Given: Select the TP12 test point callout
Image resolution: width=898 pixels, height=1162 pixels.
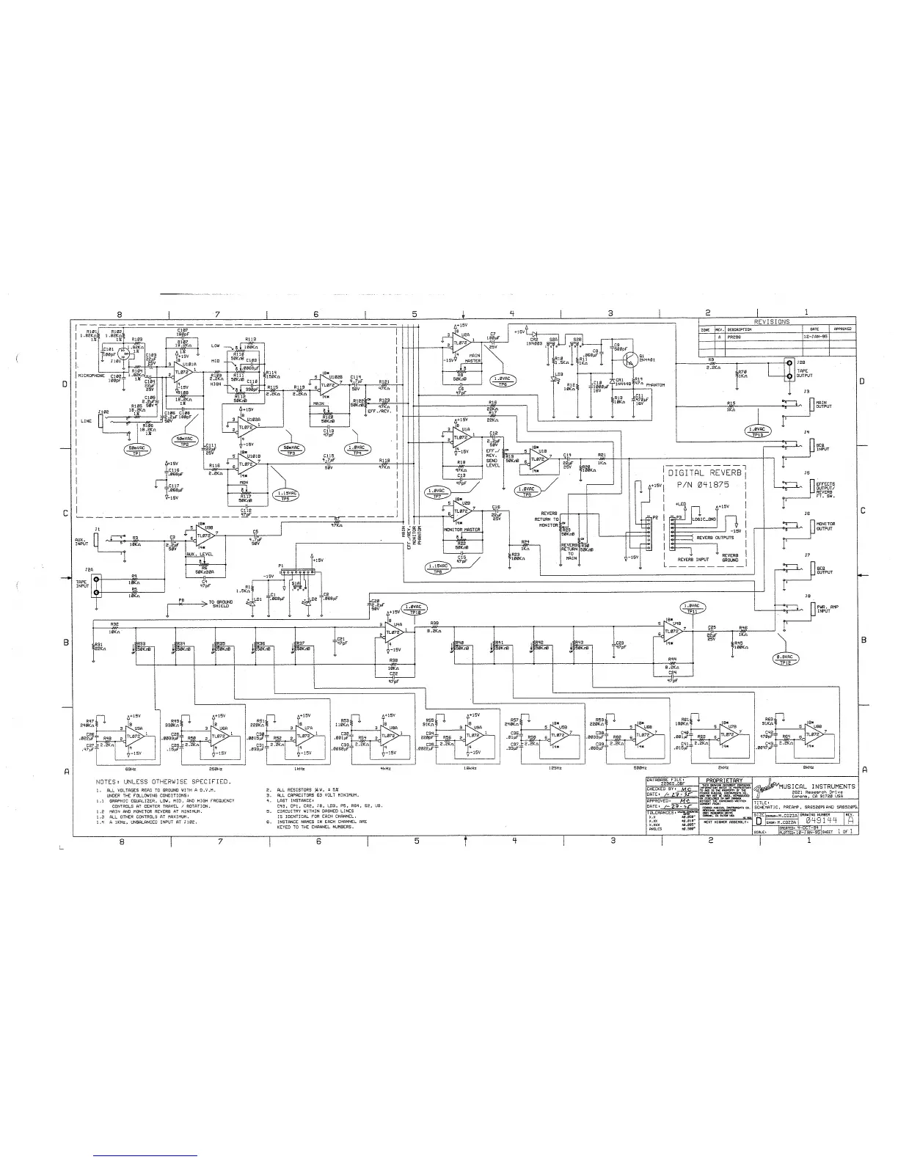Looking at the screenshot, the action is [x=787, y=659].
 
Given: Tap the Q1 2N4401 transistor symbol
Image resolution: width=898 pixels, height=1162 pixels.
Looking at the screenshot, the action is [x=629, y=357].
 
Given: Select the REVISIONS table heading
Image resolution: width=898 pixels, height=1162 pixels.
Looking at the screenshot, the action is [x=772, y=321].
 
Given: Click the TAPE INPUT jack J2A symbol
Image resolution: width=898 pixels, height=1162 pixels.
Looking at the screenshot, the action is [x=95, y=585].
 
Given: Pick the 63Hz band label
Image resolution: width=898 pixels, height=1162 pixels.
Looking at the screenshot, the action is [x=132, y=767].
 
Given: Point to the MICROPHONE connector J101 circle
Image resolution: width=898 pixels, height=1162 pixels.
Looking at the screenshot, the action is [x=125, y=355].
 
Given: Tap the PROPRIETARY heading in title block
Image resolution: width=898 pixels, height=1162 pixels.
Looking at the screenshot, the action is [x=724, y=780].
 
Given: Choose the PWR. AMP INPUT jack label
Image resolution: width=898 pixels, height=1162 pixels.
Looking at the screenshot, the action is [x=828, y=608].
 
